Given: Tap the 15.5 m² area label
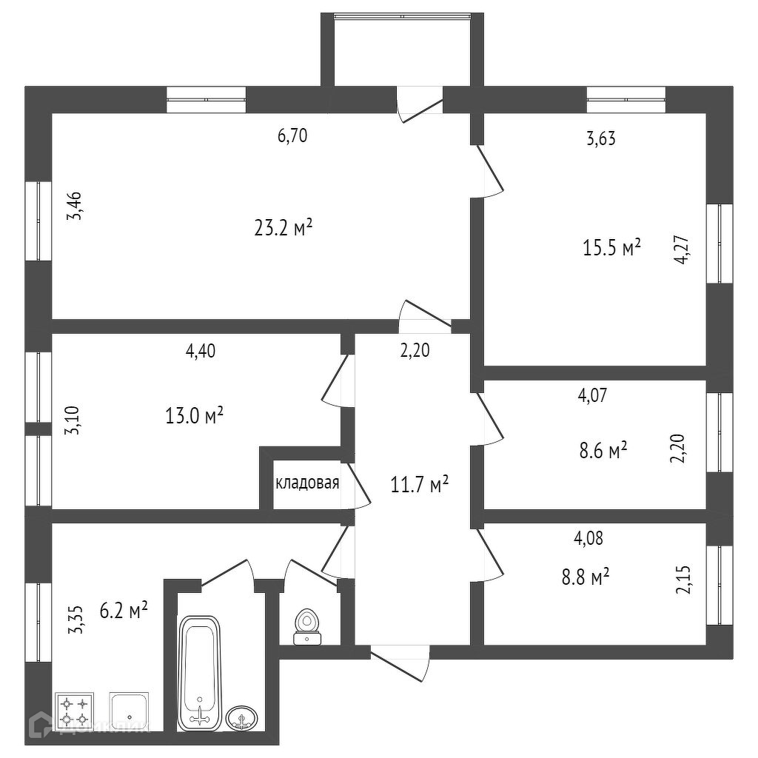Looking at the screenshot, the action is coord(611,248).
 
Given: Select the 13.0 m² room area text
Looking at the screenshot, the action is coord(195,416).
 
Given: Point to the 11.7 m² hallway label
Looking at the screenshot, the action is coord(419,486).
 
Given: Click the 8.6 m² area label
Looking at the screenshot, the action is coord(602,449).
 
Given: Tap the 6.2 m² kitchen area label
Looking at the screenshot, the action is coord(123,611).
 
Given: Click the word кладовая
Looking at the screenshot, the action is coord(307,484).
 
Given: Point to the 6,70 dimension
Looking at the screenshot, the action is coord(292,135).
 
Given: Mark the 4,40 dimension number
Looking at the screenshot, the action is coord(201,352).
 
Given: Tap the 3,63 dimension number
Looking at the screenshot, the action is coord(600,138).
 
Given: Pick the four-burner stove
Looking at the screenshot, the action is coord(74,711).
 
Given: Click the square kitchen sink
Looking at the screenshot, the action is coord(129,711).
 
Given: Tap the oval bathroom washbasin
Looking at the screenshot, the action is coord(241,717).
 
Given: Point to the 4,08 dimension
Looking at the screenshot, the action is coord(588,538).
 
